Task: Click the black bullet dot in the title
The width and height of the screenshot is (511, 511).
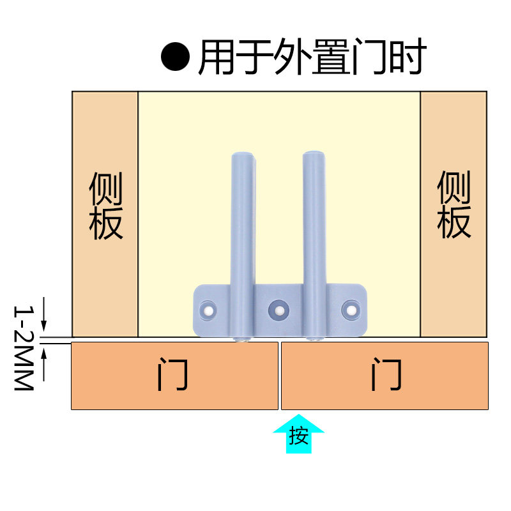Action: [x=176, y=57]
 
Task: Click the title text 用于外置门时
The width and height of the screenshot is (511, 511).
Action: [x=312, y=57]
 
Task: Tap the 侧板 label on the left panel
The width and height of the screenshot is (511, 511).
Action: [x=105, y=206]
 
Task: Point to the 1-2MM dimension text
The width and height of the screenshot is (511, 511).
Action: [x=24, y=348]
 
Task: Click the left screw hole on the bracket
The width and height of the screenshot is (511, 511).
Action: [x=210, y=310]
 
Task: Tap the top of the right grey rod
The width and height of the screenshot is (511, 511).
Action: [x=313, y=155]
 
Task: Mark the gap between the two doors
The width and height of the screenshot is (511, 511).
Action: [x=280, y=376]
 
